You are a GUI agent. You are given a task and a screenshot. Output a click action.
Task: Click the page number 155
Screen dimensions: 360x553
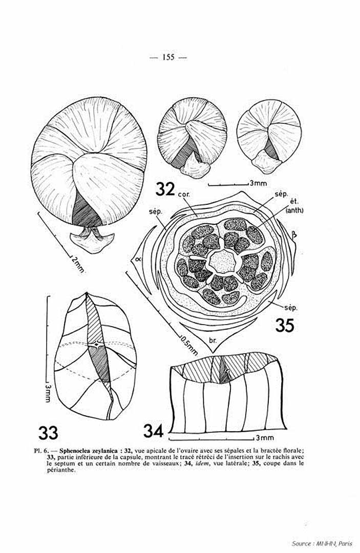point(168,57)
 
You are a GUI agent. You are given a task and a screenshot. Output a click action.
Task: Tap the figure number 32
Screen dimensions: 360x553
point(165,190)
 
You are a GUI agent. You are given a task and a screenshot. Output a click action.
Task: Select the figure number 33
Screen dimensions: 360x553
point(48,432)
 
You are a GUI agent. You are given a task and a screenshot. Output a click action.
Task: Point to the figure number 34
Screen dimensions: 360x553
point(154,431)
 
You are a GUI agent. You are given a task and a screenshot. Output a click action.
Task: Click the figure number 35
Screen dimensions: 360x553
point(285,325)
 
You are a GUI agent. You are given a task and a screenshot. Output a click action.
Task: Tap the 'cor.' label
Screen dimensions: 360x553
point(183,195)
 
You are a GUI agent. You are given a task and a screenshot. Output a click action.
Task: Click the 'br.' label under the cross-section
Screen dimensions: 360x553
point(213,341)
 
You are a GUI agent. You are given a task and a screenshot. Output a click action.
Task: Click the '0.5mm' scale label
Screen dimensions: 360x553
point(189,345)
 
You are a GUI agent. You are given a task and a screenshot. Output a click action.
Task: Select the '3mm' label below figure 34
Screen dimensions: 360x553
point(265,438)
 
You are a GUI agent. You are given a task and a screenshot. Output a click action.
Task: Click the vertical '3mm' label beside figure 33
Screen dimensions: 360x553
point(48,393)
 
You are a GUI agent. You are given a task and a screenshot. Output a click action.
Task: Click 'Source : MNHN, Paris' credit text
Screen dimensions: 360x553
point(322,543)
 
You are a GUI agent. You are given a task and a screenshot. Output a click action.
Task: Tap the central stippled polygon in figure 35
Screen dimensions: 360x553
point(222,262)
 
